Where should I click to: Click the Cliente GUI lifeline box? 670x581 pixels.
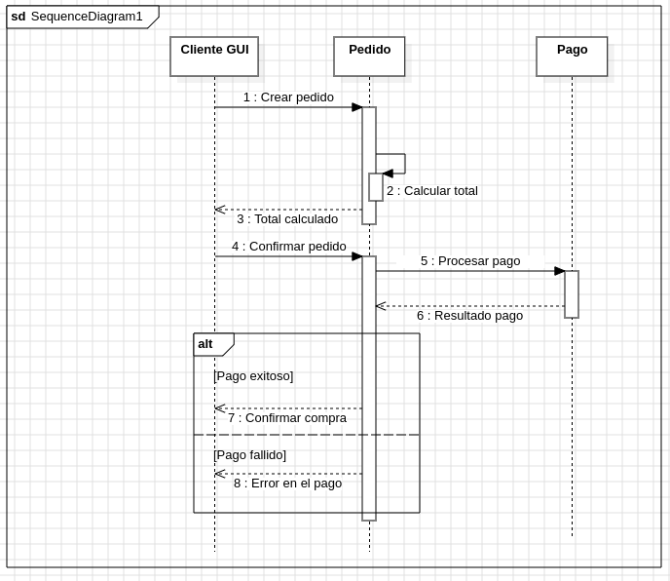[x=214, y=57]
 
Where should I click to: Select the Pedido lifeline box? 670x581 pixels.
[x=369, y=57]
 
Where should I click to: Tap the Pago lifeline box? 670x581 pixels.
[x=572, y=57]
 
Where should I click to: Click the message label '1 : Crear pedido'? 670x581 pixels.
[x=288, y=97]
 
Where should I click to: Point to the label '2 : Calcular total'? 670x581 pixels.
[x=432, y=191]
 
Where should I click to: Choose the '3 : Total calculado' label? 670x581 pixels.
[x=287, y=219]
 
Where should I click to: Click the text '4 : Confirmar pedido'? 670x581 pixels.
[x=289, y=247]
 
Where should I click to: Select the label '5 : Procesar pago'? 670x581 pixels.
[x=470, y=261]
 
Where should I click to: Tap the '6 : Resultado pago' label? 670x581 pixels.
[x=470, y=316]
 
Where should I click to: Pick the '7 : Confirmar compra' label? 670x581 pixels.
[x=287, y=418]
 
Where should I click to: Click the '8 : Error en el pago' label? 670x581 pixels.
[x=287, y=484]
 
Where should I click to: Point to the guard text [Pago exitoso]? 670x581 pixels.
[x=253, y=376]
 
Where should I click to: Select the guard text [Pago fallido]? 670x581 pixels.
[x=250, y=455]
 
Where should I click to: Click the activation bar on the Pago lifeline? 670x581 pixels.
[x=572, y=294]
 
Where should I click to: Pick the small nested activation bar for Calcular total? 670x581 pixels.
[x=376, y=187]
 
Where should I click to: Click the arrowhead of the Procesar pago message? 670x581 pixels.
[x=559, y=271]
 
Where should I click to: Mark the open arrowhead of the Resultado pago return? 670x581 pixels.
[x=381, y=306]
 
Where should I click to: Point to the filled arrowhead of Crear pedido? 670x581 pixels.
[x=357, y=107]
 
